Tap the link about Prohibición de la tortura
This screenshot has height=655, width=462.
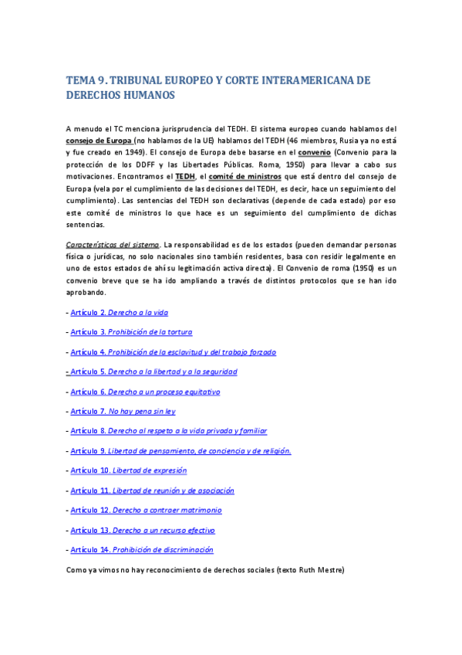pos(131,332)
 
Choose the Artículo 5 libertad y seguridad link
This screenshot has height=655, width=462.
pos(153,372)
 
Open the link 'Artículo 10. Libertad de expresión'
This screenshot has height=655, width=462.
pos(128,470)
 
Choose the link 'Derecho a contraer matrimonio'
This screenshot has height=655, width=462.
pos(146,511)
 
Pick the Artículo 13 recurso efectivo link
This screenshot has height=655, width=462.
pos(142,531)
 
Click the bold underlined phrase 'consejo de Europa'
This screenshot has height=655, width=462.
pos(99,141)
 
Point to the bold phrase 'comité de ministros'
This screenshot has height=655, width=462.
pos(244,176)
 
